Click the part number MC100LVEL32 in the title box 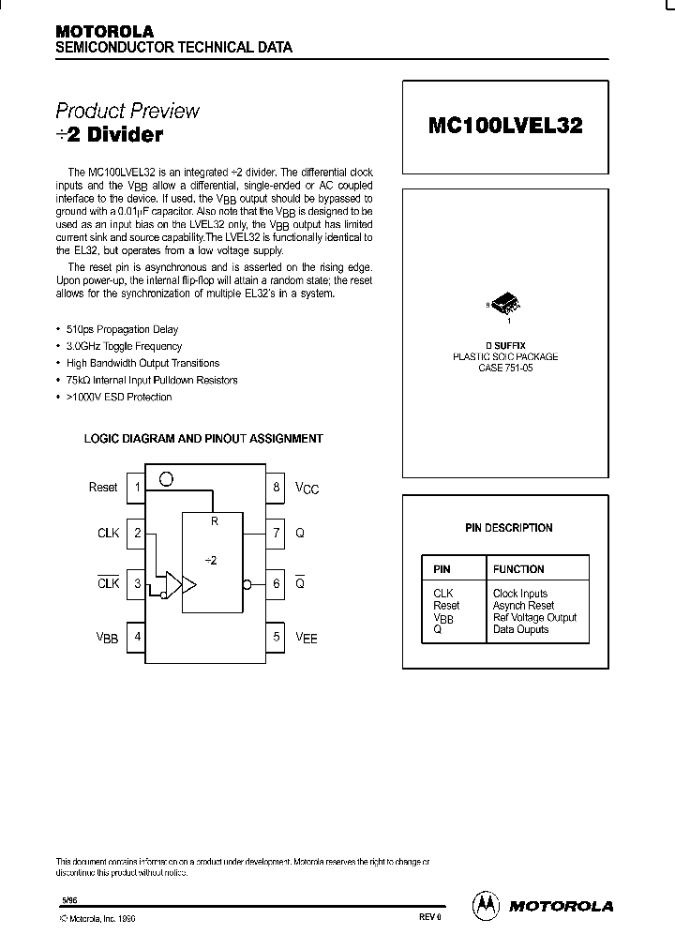pyautogui.click(x=504, y=126)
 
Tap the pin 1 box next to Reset pyautogui.click(x=137, y=488)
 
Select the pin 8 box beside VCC pyautogui.click(x=276, y=488)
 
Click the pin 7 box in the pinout pyautogui.click(x=276, y=533)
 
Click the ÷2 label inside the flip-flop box pyautogui.click(x=211, y=560)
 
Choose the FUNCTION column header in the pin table pyautogui.click(x=518, y=569)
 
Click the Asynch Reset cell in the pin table pyautogui.click(x=523, y=606)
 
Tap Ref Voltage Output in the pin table pyautogui.click(x=534, y=618)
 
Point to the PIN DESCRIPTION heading pyautogui.click(x=508, y=528)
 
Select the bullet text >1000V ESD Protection pyautogui.click(x=119, y=398)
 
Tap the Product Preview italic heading pyautogui.click(x=127, y=111)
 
